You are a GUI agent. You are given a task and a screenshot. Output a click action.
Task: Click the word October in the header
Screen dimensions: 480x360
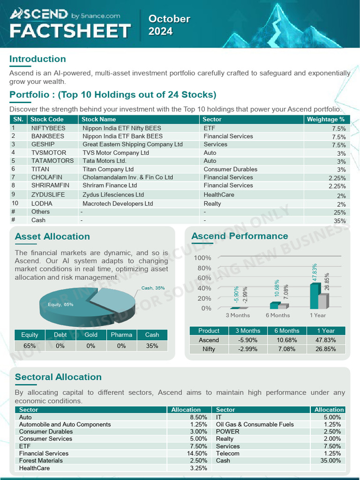pyautogui.click(x=169, y=19)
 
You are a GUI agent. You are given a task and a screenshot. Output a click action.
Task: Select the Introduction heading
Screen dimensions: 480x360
pyautogui.click(x=37, y=59)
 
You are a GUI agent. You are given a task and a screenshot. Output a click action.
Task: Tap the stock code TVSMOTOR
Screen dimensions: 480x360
pyautogui.click(x=49, y=153)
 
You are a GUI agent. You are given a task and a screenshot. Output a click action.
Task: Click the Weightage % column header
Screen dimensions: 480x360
pyautogui.click(x=325, y=119)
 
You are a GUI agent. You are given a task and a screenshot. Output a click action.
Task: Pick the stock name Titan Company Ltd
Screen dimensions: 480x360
pyautogui.click(x=108, y=169)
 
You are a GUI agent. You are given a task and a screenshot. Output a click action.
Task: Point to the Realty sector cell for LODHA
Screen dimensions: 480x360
pyautogui.click(x=212, y=203)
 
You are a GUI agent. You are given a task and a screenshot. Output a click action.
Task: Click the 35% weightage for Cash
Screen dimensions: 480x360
pyautogui.click(x=339, y=221)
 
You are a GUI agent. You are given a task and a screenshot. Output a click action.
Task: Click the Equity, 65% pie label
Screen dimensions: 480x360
pyautogui.click(x=60, y=305)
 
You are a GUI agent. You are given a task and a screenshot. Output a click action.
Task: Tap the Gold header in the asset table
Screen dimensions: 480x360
pyautogui.click(x=91, y=335)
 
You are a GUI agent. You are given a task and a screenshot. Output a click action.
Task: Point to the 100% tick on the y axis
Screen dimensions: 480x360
pyautogui.click(x=202, y=258)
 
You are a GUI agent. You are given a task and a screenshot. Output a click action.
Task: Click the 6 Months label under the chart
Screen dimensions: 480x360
pyautogui.click(x=277, y=315)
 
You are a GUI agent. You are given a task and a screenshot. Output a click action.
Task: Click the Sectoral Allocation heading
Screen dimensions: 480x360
pyautogui.click(x=58, y=377)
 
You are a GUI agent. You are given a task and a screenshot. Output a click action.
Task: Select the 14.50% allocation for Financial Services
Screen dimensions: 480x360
pyautogui.click(x=197, y=453)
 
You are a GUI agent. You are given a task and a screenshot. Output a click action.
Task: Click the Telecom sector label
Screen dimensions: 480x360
pyautogui.click(x=227, y=453)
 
